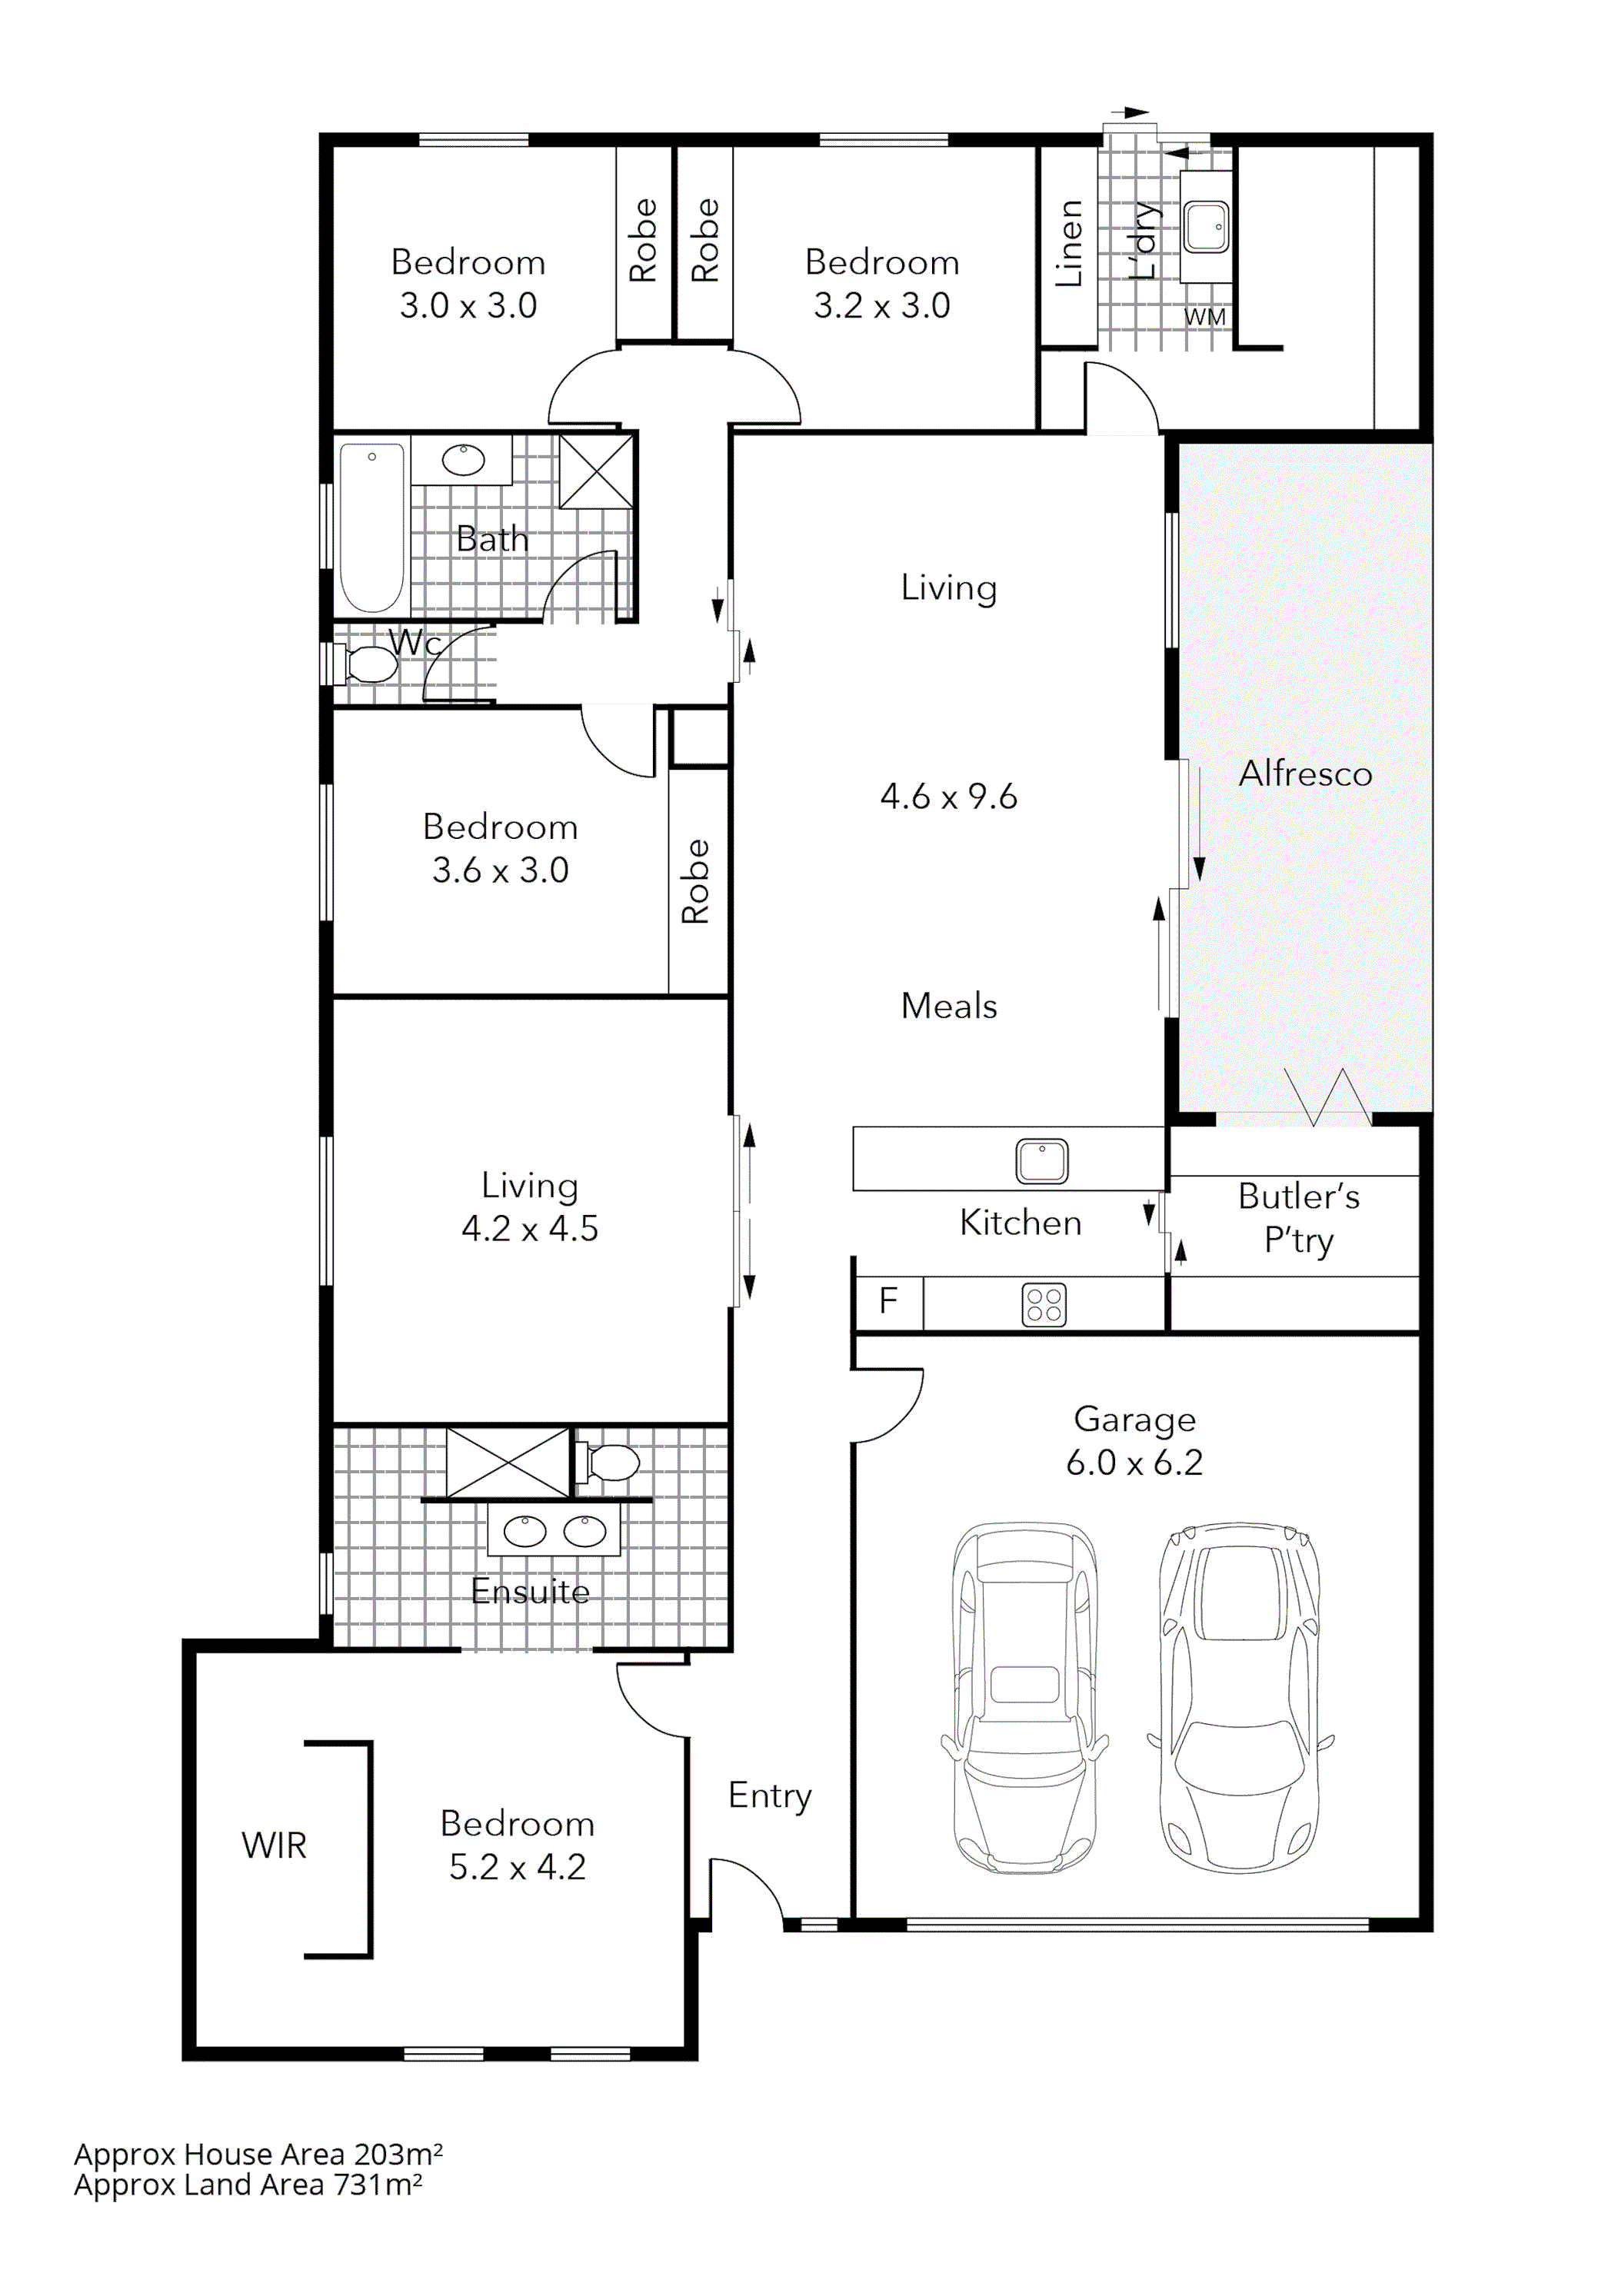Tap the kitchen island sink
pyautogui.click(x=1041, y=1160)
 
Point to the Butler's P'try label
pyautogui.click(x=1298, y=1218)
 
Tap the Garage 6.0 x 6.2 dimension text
pyautogui.click(x=1134, y=1462)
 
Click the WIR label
pyautogui.click(x=274, y=1845)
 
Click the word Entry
pyautogui.click(x=770, y=1795)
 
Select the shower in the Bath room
pyautogui.click(x=596, y=471)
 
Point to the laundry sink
pyautogui.click(x=1207, y=228)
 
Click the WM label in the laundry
pyautogui.click(x=1204, y=318)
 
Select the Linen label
pyautogui.click(x=1069, y=244)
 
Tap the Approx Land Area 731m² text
pyautogui.click(x=248, y=2185)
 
